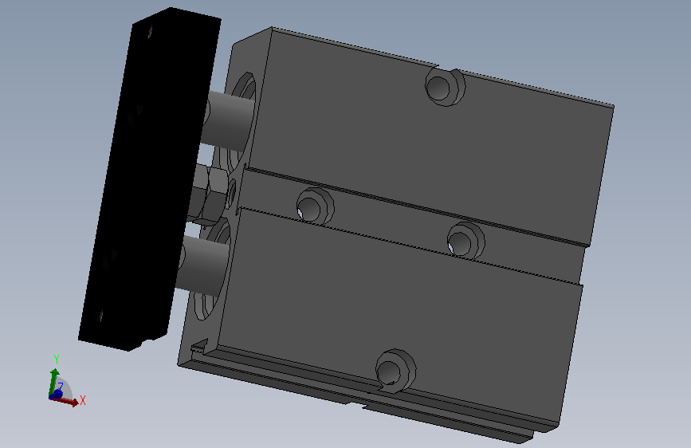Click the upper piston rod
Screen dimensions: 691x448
(x=230, y=120)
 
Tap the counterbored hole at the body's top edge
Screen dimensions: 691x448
(x=445, y=87)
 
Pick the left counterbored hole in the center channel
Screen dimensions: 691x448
(x=315, y=206)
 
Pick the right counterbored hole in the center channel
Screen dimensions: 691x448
(x=465, y=241)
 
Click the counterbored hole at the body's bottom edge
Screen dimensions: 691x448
(x=395, y=371)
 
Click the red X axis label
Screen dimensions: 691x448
(x=82, y=400)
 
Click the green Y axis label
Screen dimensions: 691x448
(x=57, y=360)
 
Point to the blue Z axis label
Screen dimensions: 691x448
(x=61, y=386)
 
